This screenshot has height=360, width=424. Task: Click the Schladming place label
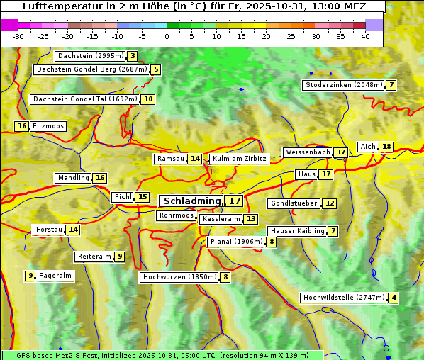click(x=189, y=201)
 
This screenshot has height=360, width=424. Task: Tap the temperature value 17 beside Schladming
click(x=235, y=201)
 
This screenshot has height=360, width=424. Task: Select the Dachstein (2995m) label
click(x=90, y=56)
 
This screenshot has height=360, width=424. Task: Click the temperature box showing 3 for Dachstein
click(x=133, y=56)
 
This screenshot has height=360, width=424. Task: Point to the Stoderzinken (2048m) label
click(x=343, y=85)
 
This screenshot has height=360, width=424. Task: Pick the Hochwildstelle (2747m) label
click(x=343, y=298)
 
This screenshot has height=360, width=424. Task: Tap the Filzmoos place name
click(x=48, y=126)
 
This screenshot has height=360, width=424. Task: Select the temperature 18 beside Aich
click(x=386, y=147)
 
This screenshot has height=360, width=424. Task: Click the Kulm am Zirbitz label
click(x=239, y=159)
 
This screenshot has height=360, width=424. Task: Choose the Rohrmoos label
click(x=176, y=215)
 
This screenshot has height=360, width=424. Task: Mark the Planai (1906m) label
click(x=235, y=242)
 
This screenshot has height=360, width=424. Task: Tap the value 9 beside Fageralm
click(x=30, y=276)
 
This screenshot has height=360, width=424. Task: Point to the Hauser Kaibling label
click(x=297, y=231)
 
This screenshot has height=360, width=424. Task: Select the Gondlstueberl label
click(x=294, y=203)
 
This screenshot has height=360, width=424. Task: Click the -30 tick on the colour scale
click(x=18, y=36)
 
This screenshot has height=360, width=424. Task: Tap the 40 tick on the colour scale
click(x=365, y=36)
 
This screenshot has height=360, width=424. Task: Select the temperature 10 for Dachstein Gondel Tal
click(x=147, y=99)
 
